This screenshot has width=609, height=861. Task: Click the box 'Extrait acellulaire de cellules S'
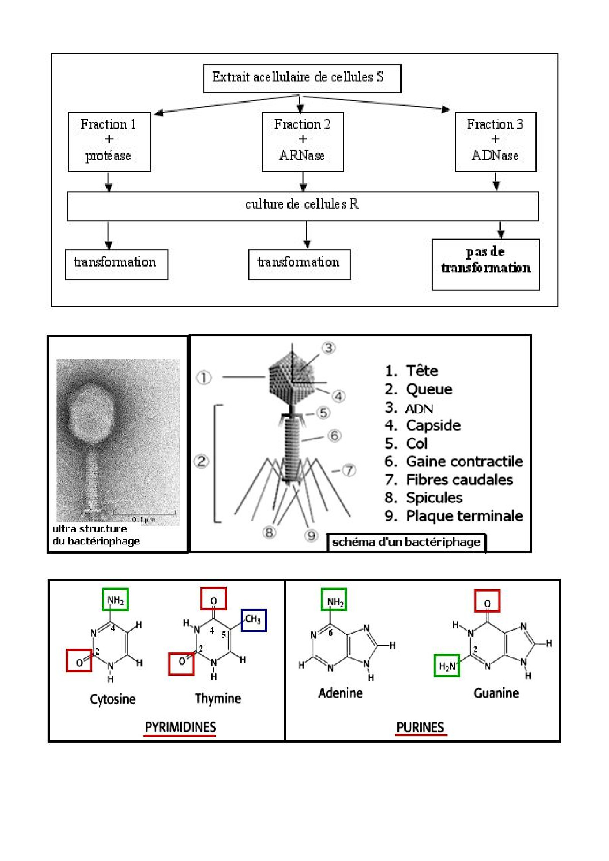point(302,78)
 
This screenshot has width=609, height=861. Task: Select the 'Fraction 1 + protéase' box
point(109,141)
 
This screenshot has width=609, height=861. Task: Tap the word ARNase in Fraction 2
point(302,156)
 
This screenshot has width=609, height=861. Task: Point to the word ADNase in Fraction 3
point(495,156)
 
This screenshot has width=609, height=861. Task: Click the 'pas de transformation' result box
point(486,264)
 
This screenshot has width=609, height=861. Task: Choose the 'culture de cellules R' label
point(302,204)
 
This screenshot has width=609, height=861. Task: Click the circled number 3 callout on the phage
point(329,348)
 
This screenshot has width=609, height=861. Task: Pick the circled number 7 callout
point(349,470)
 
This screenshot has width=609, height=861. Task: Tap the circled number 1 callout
point(204,377)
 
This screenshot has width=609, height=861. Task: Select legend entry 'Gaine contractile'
point(464,461)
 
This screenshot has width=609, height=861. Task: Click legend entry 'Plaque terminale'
point(464,516)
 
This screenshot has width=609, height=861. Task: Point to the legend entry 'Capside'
point(433,425)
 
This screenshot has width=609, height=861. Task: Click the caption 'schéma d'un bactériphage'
point(406,542)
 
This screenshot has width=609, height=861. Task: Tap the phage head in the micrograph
point(93,412)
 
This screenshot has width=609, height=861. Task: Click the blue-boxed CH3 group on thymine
point(253,619)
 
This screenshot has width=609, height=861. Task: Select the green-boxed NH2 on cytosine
point(115,600)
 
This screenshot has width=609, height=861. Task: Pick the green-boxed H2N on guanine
point(447,666)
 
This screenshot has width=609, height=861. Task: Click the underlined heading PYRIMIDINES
point(180,727)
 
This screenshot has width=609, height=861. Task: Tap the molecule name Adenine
point(340,693)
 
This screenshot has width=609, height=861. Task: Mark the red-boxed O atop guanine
point(487,601)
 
